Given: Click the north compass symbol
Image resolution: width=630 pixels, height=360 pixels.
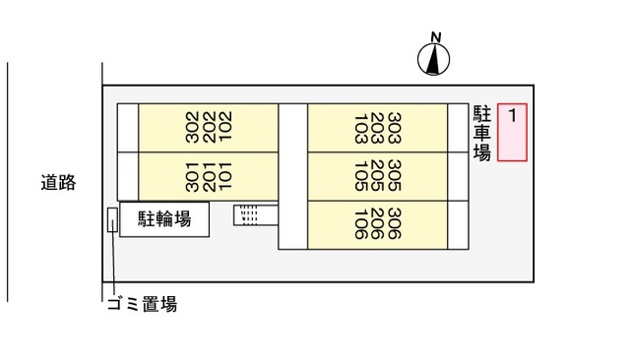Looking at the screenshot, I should (x=434, y=61).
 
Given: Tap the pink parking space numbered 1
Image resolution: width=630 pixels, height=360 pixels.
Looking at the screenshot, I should (x=512, y=132).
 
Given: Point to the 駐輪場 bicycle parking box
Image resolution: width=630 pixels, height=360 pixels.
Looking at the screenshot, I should (x=164, y=220).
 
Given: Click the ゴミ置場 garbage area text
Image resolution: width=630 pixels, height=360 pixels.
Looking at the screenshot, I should (x=141, y=305).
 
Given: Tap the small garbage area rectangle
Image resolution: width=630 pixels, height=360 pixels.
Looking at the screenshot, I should (x=112, y=219).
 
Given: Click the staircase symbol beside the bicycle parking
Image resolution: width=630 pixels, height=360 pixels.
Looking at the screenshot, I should (x=248, y=213).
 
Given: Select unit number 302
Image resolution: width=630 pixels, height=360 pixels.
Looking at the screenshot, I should (x=192, y=127).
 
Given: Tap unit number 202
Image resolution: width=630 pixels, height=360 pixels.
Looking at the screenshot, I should (x=208, y=127).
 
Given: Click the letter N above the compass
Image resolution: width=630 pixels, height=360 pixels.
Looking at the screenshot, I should (x=435, y=38).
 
